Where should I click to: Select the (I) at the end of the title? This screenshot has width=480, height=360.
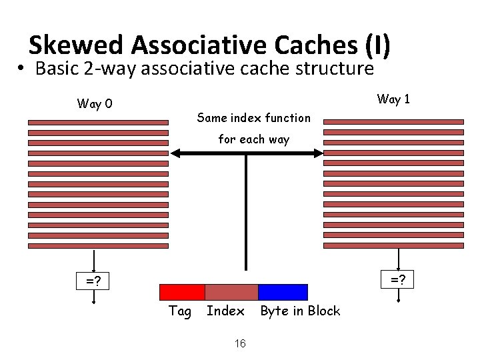pyautogui.click(x=377, y=45)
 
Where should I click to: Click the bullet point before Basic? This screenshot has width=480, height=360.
pyautogui.click(x=21, y=69)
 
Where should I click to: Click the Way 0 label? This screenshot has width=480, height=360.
pyautogui.click(x=95, y=103)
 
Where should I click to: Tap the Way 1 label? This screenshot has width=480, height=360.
pyautogui.click(x=393, y=99)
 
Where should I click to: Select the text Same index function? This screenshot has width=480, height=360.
pyautogui.click(x=254, y=118)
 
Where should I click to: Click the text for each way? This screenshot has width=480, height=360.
pyautogui.click(x=254, y=139)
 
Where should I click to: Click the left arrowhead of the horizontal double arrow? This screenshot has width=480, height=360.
pyautogui.click(x=175, y=153)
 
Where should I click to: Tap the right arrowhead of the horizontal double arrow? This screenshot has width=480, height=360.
pyautogui.click(x=318, y=153)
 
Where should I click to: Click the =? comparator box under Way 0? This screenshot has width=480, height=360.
pyautogui.click(x=93, y=281)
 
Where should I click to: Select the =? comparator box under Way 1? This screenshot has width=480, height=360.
pyautogui.click(x=398, y=278)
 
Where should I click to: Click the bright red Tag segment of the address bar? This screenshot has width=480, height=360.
pyautogui.click(x=182, y=292)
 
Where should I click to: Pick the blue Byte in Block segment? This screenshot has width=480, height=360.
pyautogui.click(x=283, y=292)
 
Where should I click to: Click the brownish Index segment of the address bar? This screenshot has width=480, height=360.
pyautogui.click(x=231, y=292)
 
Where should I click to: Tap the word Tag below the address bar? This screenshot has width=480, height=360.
pyautogui.click(x=180, y=311)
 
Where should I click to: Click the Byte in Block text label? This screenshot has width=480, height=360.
pyautogui.click(x=300, y=311)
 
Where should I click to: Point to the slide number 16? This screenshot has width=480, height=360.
pyautogui.click(x=240, y=343)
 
